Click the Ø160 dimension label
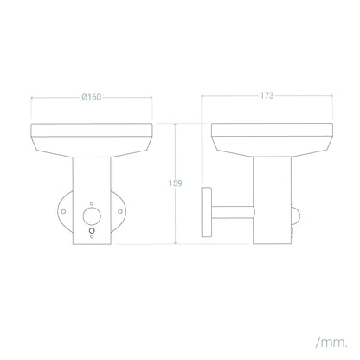point(92,97)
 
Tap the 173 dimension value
point(267,95)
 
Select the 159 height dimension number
point(175,183)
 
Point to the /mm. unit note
point(331,343)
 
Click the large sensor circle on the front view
point(92,216)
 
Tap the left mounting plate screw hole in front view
point(63,211)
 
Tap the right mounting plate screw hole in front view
point(120,211)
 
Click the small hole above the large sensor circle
point(92,203)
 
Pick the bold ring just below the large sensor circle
point(92,231)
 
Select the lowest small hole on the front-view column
point(92,236)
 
